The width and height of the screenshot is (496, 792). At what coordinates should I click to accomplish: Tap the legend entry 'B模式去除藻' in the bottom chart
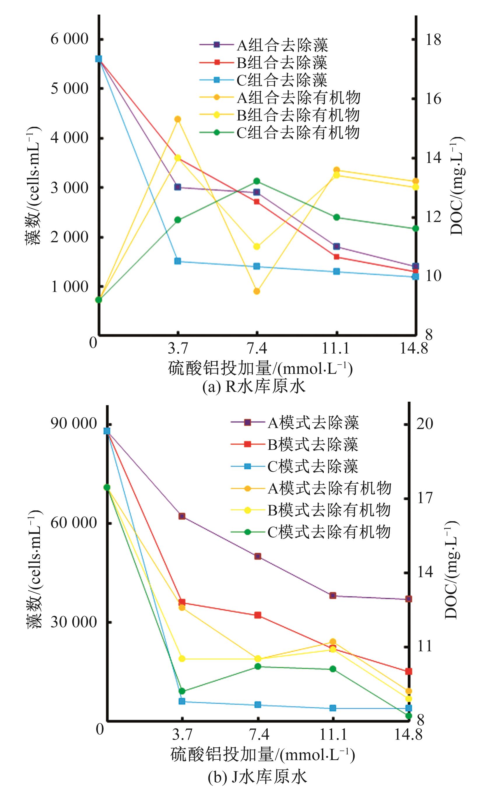312,444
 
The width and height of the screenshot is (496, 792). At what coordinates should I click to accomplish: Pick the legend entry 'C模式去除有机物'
329,532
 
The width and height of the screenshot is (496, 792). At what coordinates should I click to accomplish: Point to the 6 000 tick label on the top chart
69,39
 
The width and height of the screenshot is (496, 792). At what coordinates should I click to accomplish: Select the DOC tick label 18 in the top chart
433,40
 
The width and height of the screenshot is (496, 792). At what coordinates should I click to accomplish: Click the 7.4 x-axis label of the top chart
257,348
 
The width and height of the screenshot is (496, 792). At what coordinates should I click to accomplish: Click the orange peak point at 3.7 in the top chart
178,119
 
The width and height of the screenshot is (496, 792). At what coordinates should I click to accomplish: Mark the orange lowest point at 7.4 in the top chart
257,291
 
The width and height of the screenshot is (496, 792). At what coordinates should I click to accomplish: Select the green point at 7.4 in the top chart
257,181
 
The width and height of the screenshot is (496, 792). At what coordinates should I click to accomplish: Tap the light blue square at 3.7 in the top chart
178,261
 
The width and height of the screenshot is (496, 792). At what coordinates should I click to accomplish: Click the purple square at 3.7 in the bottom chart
182,516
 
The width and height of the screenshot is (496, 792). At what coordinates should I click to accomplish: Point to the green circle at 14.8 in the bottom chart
409,716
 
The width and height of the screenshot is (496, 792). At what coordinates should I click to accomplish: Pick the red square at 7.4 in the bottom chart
258,615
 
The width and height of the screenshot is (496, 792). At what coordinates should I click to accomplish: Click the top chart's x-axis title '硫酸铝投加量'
220,369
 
